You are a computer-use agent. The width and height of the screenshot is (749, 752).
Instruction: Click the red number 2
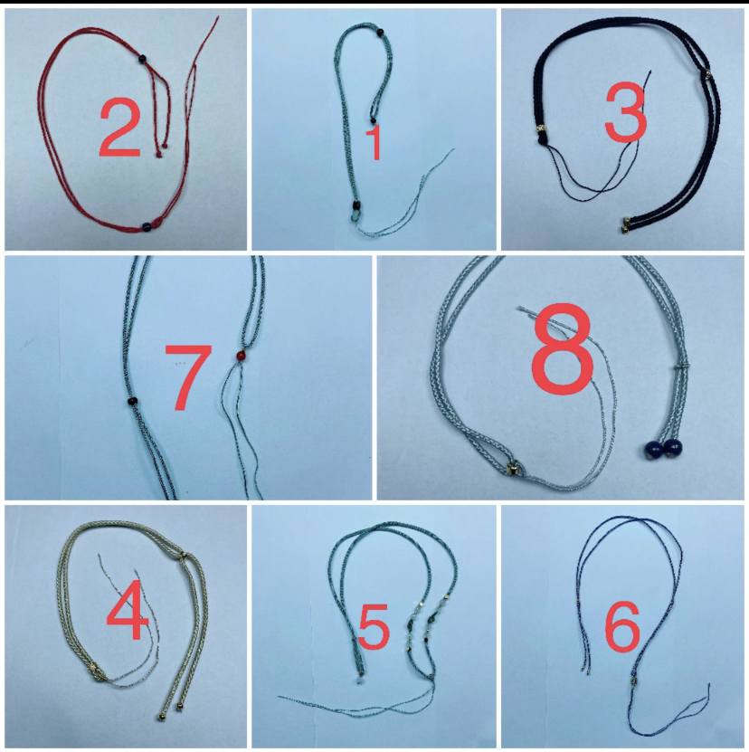click(x=120, y=128)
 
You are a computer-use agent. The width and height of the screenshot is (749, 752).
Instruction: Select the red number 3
click(x=625, y=113)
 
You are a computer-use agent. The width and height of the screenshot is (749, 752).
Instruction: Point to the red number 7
click(x=188, y=377)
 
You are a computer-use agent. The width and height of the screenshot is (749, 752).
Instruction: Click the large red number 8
click(x=562, y=348)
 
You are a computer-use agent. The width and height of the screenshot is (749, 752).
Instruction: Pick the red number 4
click(x=127, y=610)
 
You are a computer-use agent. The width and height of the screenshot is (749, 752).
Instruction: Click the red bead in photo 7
click(x=241, y=357)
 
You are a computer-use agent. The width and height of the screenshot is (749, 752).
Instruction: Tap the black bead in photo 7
click(x=131, y=402)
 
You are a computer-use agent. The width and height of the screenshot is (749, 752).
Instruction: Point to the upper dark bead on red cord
click(x=142, y=59)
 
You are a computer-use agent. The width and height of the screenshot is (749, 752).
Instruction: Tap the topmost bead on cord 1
click(x=380, y=33)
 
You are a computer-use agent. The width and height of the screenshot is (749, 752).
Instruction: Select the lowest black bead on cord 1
click(x=356, y=206)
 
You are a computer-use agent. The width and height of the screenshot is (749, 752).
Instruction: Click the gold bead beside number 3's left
click(x=540, y=129)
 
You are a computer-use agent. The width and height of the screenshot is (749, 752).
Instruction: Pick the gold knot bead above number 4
click(x=184, y=556)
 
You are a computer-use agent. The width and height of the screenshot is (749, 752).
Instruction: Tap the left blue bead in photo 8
click(x=654, y=449)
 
